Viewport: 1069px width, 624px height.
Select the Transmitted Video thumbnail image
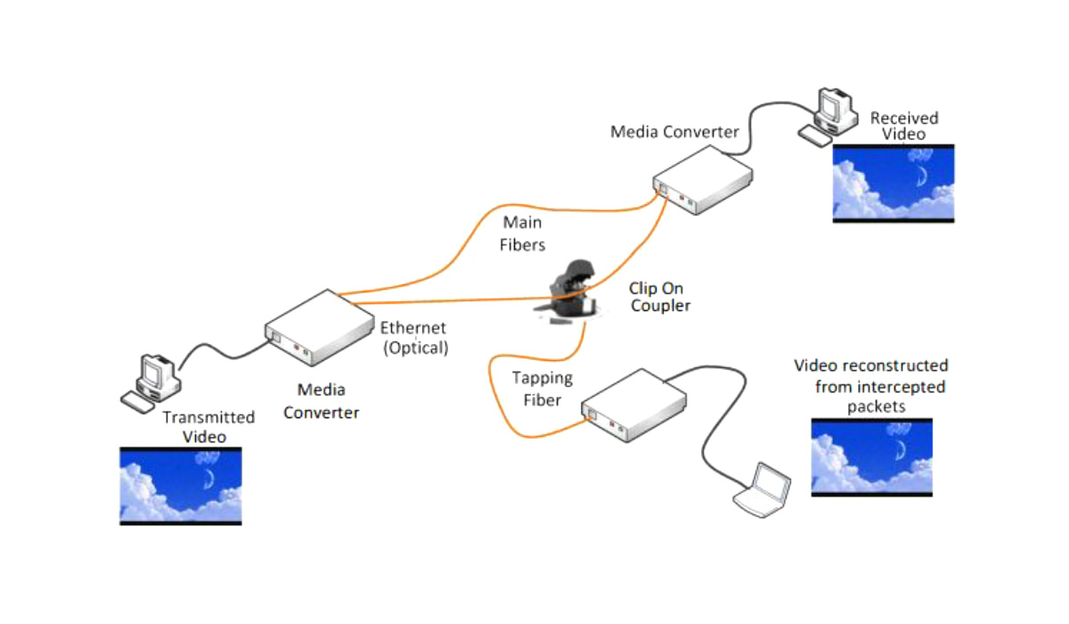(181, 486)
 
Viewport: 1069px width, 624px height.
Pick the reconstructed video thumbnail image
(872, 457)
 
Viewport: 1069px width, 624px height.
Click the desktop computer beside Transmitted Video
(153, 382)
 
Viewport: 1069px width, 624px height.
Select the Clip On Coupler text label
(660, 297)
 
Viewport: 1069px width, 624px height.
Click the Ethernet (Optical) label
(414, 339)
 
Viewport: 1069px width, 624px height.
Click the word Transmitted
(208, 417)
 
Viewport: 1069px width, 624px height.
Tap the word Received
(904, 118)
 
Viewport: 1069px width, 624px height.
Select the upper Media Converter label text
(674, 132)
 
